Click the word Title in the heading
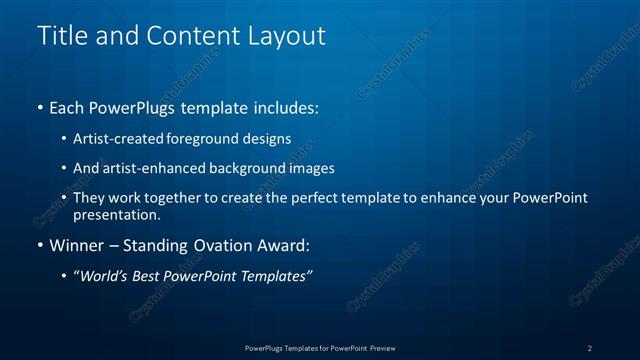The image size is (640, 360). tap(61, 36)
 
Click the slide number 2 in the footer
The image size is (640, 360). tap(589, 348)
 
